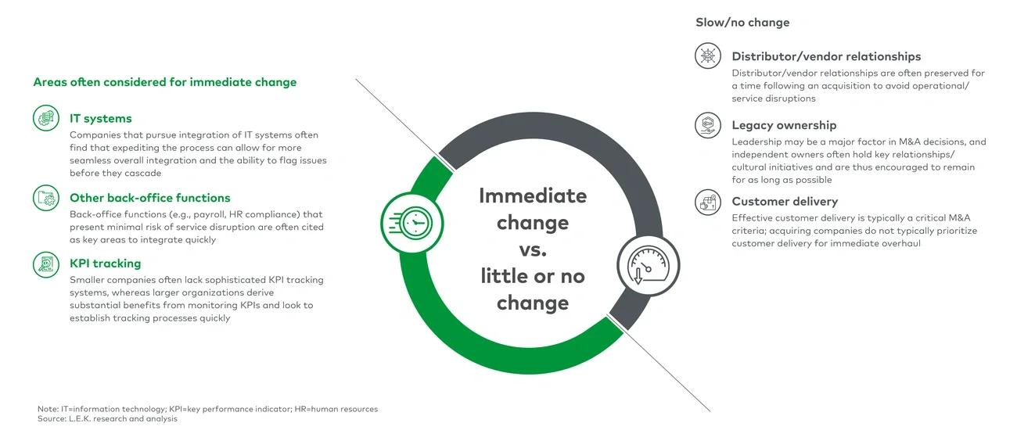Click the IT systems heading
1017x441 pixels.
[100, 119]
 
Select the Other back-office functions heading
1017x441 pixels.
[149, 198]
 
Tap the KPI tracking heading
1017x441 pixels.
[105, 264]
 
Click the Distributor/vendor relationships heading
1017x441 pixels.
[826, 56]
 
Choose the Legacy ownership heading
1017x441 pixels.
[784, 125]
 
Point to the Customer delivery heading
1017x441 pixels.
[785, 202]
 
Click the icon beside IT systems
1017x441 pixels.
[46, 119]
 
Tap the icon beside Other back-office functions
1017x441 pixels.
[46, 198]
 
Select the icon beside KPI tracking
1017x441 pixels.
[46, 264]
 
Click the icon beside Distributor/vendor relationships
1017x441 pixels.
[707, 56]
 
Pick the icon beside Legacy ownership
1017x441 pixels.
[707, 125]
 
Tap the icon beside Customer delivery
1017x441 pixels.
[707, 203]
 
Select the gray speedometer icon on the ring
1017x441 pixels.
[648, 266]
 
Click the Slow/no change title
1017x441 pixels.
[742, 23]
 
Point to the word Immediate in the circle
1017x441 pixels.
[532, 195]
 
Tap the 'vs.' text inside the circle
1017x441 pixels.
[532, 249]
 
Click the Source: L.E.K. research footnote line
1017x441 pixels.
[107, 419]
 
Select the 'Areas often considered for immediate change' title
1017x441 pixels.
[164, 82]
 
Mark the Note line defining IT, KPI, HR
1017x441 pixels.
[207, 409]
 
